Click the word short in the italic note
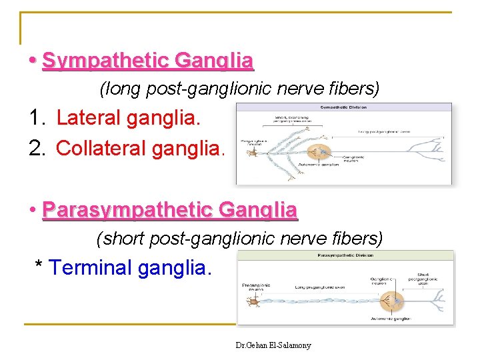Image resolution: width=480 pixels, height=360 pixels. tap(125, 237)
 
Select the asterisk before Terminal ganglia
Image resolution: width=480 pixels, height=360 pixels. tap(40, 267)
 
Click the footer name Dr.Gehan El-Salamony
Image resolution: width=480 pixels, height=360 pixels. tap(273, 345)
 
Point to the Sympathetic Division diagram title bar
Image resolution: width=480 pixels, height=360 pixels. tap(343, 107)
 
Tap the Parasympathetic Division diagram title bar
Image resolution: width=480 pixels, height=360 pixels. tap(345, 255)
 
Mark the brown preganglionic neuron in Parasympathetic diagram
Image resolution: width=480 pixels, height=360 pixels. tap(253, 301)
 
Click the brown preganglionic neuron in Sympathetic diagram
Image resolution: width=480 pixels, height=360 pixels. tap(252, 153)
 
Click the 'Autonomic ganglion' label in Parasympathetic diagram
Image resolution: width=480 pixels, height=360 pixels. tap(389, 319)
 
